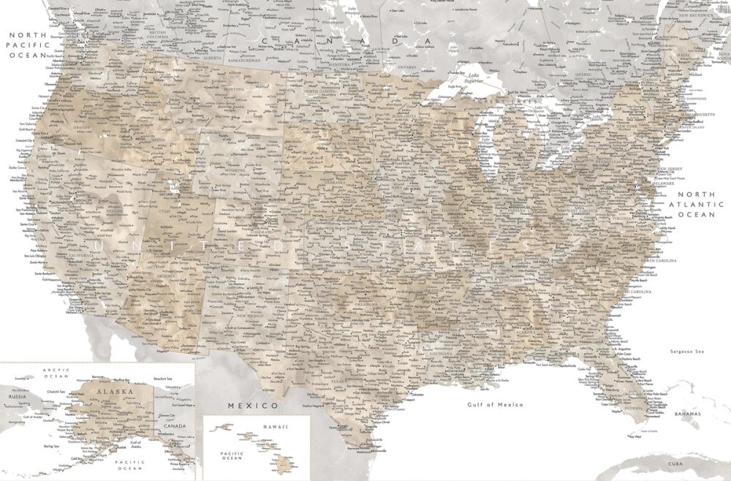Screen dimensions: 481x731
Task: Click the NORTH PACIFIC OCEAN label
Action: click(x=26, y=44)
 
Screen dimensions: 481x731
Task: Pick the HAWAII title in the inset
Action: click(x=276, y=426)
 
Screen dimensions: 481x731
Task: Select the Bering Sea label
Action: click(x=51, y=445)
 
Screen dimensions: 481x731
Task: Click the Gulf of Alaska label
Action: click(x=136, y=444)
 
